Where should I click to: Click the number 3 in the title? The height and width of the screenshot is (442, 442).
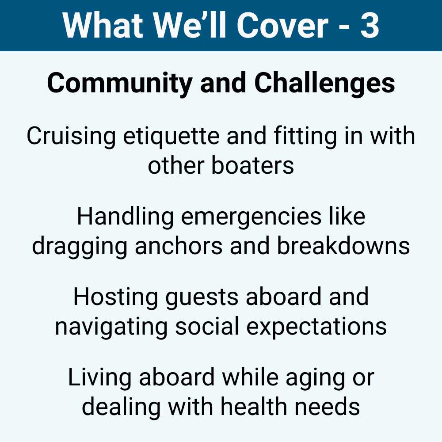click(x=370, y=25)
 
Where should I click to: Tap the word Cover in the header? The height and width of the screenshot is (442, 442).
click(x=283, y=25)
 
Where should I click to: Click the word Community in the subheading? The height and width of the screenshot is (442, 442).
click(x=119, y=84)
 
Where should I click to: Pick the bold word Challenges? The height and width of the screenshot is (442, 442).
click(x=324, y=84)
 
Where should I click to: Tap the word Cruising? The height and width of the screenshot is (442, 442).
click(x=71, y=137)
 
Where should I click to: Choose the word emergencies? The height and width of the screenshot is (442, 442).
click(x=251, y=217)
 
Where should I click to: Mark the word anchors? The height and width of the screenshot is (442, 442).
click(x=179, y=245)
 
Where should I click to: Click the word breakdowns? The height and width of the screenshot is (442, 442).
click(x=343, y=245)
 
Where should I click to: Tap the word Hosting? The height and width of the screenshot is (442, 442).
click(x=115, y=297)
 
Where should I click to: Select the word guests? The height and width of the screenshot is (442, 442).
click(x=202, y=298)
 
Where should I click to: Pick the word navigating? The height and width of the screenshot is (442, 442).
click(x=111, y=327)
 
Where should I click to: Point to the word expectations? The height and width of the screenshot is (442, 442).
click(x=316, y=328)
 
